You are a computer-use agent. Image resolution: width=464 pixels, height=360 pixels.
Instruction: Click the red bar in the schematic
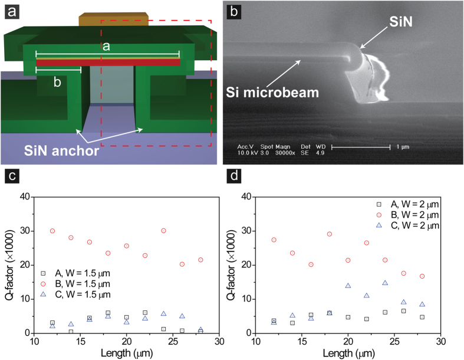coord(108,62)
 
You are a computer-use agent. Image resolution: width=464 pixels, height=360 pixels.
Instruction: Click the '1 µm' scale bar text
coord(403,146)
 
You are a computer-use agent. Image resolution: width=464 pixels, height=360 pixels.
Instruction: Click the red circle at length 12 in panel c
coord(52,231)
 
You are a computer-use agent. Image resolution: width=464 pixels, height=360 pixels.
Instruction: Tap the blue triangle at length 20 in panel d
coord(348,286)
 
